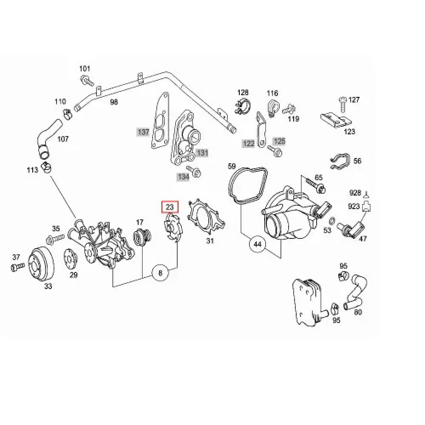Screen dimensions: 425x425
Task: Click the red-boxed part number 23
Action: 170,207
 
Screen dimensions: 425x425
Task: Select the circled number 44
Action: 257,244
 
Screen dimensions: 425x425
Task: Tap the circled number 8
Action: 160,273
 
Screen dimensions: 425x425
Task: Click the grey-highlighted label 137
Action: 143,132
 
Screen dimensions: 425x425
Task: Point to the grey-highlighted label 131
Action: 202,153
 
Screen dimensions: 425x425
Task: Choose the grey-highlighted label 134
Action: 184,177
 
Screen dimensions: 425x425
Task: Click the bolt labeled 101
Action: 87,80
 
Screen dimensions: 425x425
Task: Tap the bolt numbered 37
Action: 18,267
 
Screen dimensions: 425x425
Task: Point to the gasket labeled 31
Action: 206,217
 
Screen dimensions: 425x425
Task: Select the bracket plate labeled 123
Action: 336,119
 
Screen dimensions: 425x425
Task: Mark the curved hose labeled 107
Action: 48,138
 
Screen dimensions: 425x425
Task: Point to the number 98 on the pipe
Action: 114,102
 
